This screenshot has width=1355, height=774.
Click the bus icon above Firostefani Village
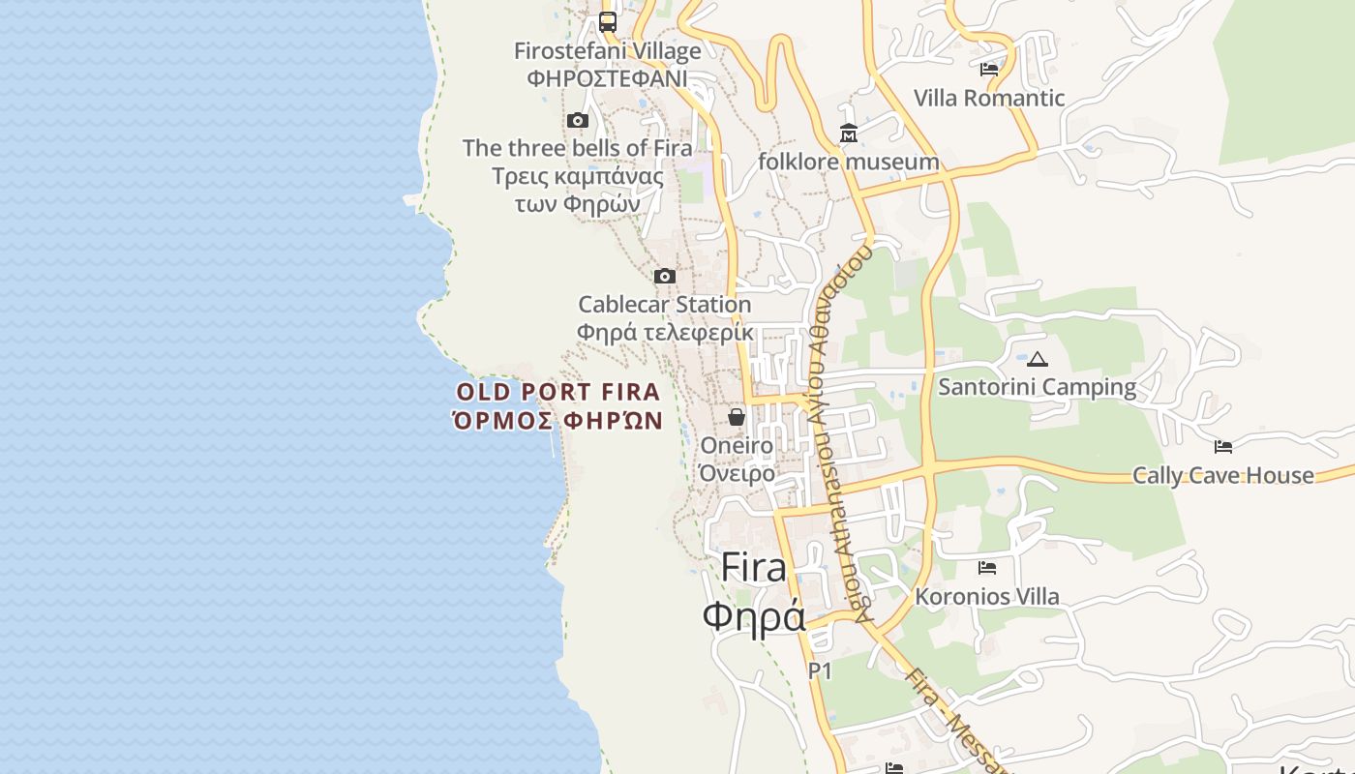608,21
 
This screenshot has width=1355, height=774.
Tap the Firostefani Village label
608,51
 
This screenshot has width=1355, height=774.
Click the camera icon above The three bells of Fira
578,120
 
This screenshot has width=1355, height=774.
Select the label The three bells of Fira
577,148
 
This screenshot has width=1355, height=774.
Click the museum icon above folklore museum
849,134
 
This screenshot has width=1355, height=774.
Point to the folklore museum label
848,162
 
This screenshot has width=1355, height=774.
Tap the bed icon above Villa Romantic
988,70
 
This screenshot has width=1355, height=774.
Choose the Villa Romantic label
989,98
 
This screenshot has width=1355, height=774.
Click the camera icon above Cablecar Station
664,277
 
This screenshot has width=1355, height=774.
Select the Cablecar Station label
664,304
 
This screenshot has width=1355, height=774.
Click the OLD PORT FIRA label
558,392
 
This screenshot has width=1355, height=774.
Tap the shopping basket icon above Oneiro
737,417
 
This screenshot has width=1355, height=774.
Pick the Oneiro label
737,446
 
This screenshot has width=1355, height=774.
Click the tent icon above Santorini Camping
1038,359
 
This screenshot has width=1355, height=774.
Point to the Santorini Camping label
1038,387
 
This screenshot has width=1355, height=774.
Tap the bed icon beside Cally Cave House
1223,447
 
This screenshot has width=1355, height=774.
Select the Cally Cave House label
1223,475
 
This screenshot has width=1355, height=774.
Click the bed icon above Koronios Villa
987,568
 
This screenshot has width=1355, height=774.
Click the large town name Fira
754,568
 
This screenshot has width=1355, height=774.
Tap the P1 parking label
820,670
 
